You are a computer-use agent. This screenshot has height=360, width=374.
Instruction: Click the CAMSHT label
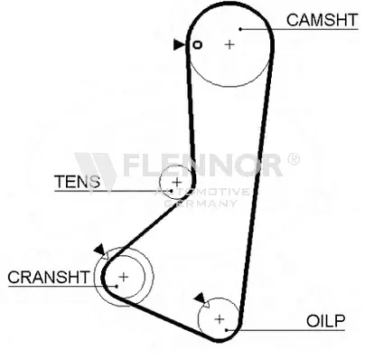pos(322,20)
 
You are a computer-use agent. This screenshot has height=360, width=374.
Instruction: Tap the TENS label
pos(77,182)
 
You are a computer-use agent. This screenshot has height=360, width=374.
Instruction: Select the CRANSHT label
pos(49,277)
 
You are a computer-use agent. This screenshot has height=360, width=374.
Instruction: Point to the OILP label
pos(325,321)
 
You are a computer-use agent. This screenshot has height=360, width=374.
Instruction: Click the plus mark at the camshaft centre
pos(229,44)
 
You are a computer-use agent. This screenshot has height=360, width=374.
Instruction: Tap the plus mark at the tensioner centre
pos(177,182)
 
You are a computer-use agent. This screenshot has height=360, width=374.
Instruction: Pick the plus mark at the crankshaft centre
pos(124,277)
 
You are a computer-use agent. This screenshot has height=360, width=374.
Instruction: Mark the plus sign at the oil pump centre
pos(220,318)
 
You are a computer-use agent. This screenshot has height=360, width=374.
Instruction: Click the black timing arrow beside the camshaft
pos(179,44)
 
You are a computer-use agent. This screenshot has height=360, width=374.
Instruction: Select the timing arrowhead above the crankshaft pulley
pos(100,250)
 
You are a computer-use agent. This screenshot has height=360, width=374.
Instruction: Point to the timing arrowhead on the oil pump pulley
pos(200,298)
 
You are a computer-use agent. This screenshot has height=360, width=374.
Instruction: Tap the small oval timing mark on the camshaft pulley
pos(197,45)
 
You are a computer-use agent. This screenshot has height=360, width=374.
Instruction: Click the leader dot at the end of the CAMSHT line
pos(240,29)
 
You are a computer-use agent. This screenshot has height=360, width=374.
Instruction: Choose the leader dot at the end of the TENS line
pos(172,191)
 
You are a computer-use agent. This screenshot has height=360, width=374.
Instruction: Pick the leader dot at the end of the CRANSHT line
pos(117,286)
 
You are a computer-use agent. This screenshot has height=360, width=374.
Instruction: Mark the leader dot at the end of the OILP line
pos(226,330)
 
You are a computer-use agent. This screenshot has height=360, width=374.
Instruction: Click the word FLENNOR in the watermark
pos(202,165)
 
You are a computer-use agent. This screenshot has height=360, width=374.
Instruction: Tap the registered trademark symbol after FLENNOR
pos(294,159)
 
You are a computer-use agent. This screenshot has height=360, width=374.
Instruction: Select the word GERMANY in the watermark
pos(201,204)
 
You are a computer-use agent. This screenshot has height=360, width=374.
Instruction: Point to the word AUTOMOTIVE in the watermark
pos(201,192)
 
